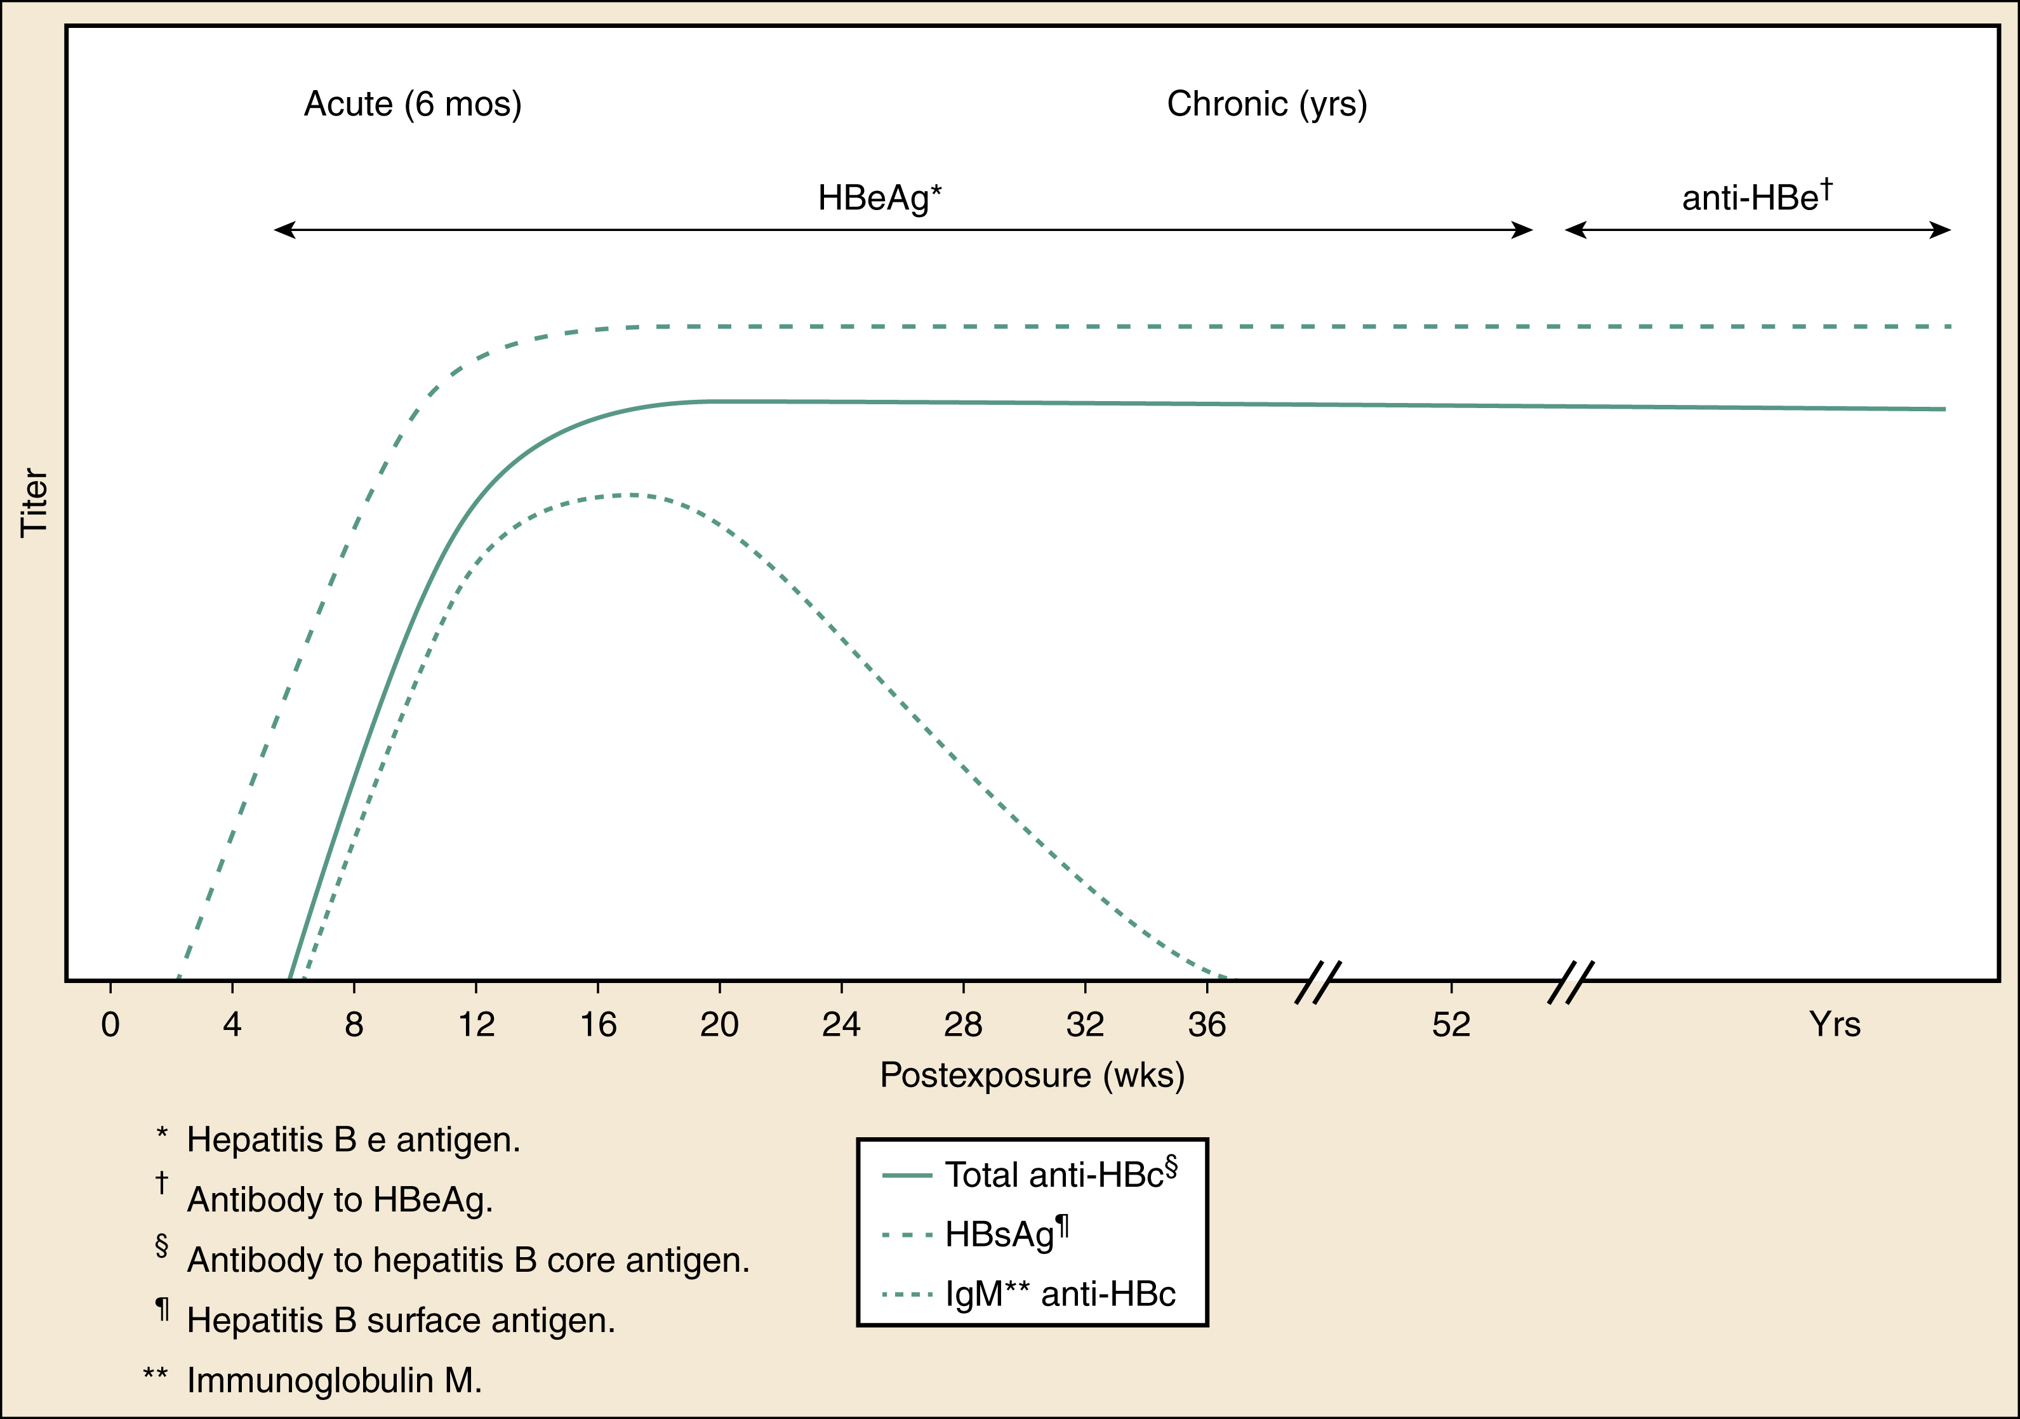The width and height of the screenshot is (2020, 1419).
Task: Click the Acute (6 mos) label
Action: point(413,105)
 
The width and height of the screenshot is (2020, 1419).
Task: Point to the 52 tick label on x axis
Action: point(1450,1025)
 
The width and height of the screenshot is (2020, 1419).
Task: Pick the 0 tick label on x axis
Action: point(110,1025)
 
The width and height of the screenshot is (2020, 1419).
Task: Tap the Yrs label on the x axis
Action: point(1835,1025)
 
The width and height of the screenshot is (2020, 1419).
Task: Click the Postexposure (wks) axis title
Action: point(1032,1076)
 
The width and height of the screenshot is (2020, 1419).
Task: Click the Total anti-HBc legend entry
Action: point(1060,1176)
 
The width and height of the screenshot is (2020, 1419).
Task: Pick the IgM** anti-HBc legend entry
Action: point(1060,1294)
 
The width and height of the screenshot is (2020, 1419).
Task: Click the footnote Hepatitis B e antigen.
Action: point(354,1140)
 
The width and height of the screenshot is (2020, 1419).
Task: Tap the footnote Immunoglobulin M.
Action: point(335,1380)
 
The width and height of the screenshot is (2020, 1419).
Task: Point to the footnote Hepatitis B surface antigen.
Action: point(401,1321)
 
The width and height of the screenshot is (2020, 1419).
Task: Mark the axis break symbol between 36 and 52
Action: point(1317,982)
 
